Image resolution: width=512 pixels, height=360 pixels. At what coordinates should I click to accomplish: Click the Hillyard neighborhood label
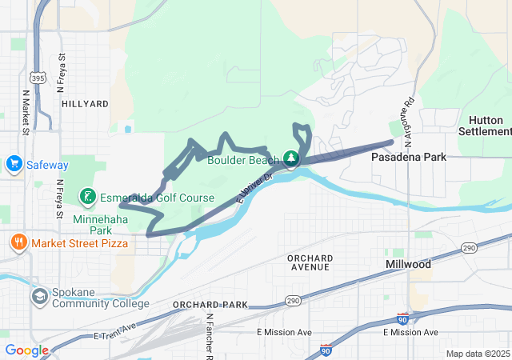coord(83,104)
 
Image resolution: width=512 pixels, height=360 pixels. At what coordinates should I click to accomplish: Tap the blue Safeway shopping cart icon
coord(14,165)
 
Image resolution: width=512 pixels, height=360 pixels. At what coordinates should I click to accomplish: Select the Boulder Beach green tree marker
coord(293,157)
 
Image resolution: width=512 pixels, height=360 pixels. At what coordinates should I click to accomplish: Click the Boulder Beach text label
coord(242,160)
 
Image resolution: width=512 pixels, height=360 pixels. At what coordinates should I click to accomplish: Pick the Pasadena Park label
coord(408,158)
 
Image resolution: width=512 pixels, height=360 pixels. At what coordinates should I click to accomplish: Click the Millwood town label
coord(408,264)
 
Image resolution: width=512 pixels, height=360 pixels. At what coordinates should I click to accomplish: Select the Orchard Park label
coord(210,305)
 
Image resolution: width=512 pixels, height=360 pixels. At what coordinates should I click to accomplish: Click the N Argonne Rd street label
coord(409,124)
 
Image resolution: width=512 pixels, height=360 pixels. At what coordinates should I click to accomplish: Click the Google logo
coord(26,350)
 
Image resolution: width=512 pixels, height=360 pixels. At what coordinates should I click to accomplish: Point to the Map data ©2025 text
coord(477,354)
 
